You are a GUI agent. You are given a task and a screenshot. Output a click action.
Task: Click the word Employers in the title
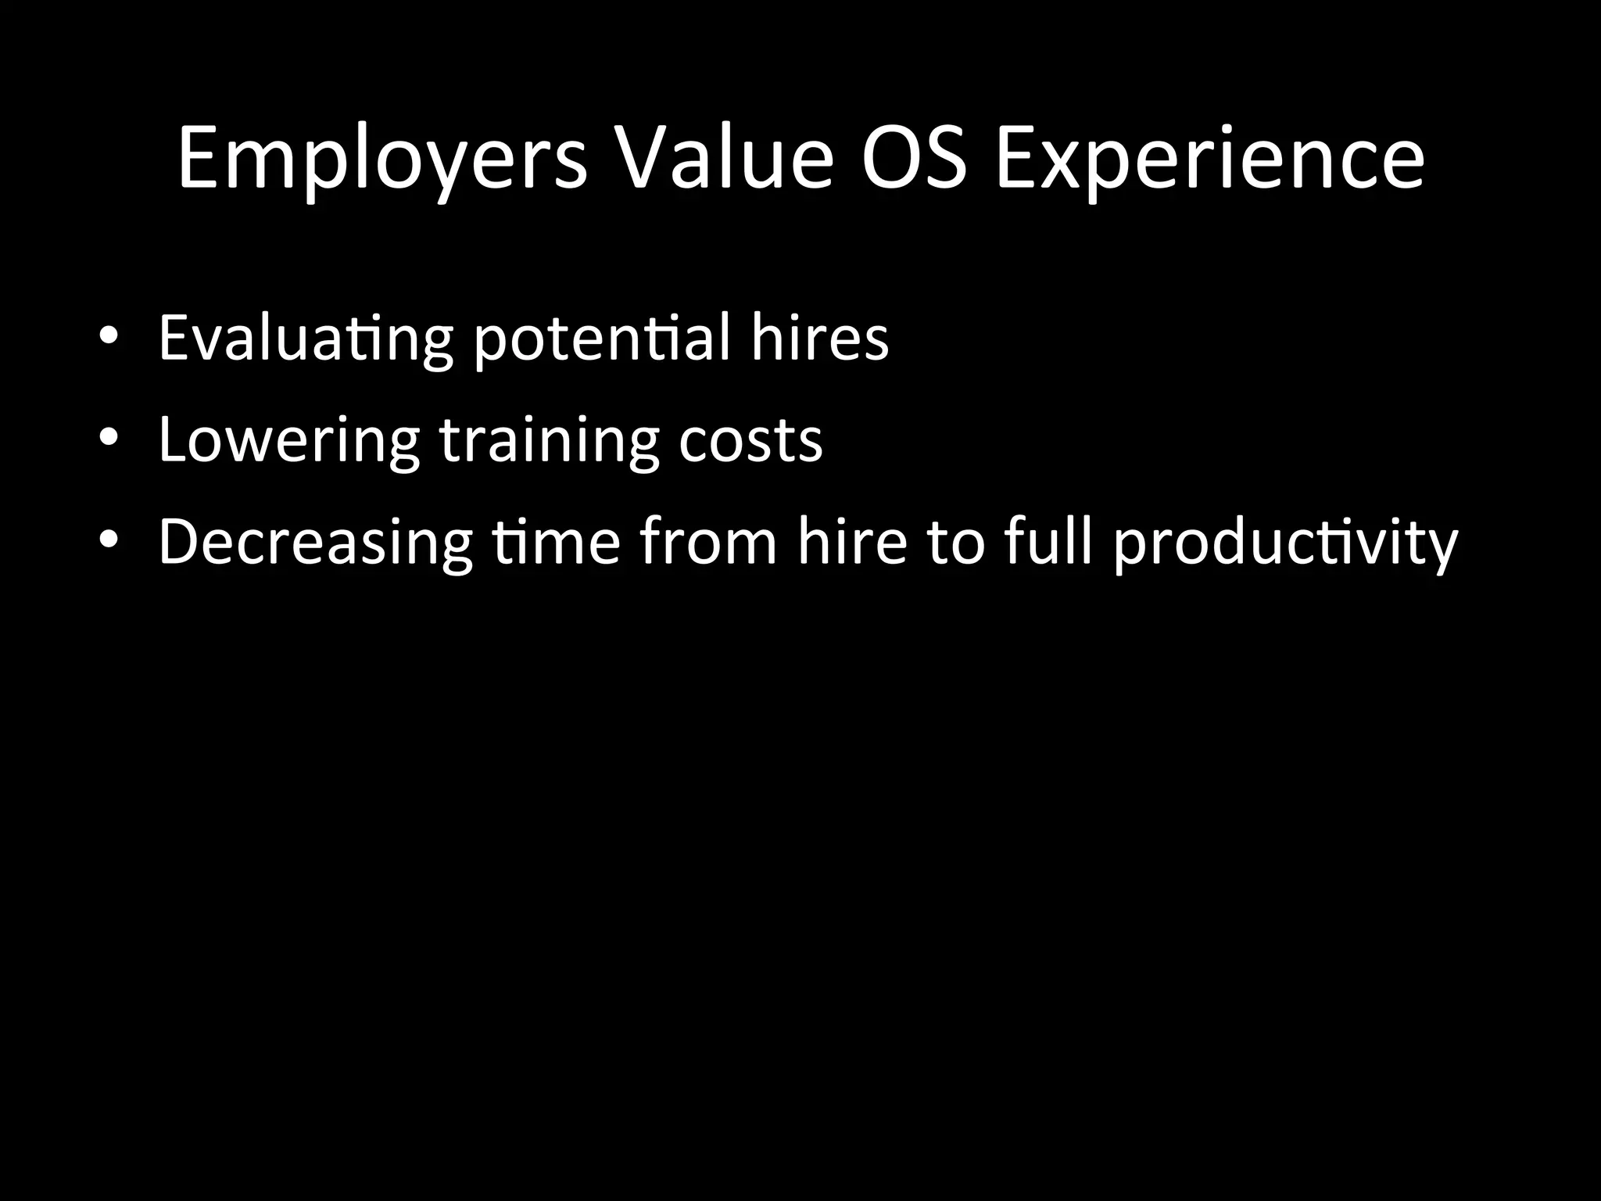[382, 160]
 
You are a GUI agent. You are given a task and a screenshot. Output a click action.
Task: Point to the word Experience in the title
[1210, 160]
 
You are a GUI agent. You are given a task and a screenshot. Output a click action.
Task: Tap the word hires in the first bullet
[819, 338]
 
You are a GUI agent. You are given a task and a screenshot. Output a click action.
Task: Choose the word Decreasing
[315, 543]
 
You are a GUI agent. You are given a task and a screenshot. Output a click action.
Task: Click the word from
[708, 541]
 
